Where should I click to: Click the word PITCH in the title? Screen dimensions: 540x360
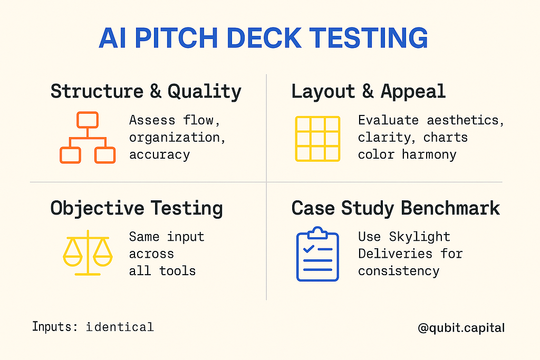click(176, 37)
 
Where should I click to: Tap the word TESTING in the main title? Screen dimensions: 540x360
click(369, 37)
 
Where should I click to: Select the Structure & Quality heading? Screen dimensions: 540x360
click(146, 92)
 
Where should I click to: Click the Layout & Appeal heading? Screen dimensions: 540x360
click(369, 92)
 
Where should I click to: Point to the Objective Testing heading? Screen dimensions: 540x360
click(137, 209)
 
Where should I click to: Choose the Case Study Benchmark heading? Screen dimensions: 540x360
click(396, 208)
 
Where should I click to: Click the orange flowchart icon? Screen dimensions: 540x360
click(88, 138)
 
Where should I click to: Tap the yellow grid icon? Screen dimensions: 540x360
click(317, 139)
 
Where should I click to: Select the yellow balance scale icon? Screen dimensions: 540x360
click(88, 253)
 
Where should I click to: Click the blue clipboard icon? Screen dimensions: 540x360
click(317, 254)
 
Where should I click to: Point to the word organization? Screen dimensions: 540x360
click(175, 138)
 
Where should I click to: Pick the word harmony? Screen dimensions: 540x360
click(429, 155)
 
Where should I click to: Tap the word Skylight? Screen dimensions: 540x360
click(419, 237)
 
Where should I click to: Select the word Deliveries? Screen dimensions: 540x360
click(395, 254)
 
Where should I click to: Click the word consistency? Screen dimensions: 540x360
click(399, 271)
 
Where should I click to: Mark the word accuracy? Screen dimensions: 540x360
click(159, 155)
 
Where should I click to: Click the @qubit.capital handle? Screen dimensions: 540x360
click(461, 328)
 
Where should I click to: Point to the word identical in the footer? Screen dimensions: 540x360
click(120, 327)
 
